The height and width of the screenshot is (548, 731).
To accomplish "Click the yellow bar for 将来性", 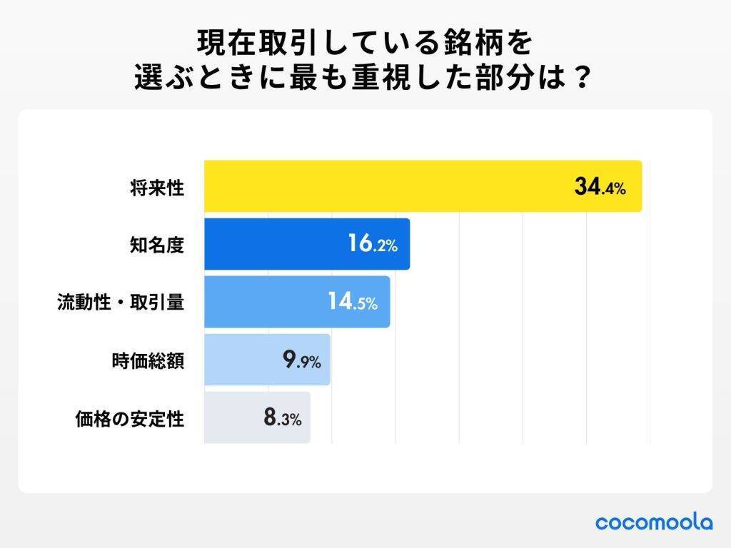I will pos(385,186).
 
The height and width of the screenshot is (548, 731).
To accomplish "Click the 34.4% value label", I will pos(600,188).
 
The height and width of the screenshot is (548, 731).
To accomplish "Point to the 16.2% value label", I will pos(372,245).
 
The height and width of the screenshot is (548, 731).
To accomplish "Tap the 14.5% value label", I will pos(352,303).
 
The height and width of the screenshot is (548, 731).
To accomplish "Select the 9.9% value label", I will pos(302,361).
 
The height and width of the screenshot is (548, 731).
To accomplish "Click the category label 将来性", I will pos(157,188).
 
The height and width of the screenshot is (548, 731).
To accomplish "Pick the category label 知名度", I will pos(157,245).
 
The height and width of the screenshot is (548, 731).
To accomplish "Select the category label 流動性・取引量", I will pos(121,303).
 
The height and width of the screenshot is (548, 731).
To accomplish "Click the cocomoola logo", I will pos(653,522).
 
